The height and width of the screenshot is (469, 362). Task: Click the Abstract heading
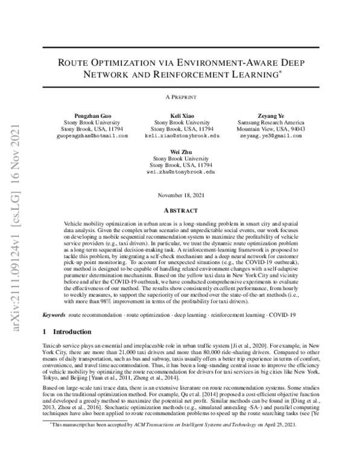(x=181, y=210)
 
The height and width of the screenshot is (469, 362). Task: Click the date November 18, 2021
(x=181, y=195)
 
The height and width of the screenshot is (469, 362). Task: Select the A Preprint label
(x=181, y=96)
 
